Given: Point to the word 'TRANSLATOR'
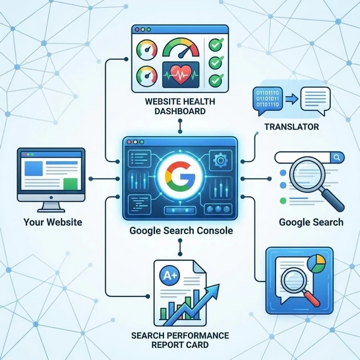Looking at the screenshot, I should pos(291,126).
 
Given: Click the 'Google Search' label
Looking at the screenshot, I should pos(311,222).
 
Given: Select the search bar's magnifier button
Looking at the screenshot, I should pos(337,157).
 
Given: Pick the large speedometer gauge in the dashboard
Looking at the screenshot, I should pos(179,49).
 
